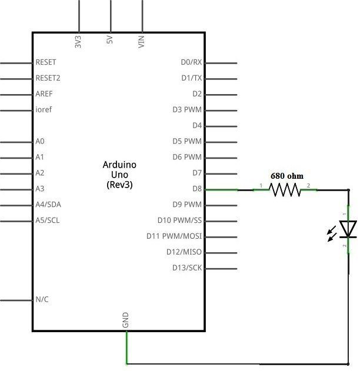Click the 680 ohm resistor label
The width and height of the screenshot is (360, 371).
286,175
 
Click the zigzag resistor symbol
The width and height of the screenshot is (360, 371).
285,189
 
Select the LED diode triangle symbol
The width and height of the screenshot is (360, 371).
349,229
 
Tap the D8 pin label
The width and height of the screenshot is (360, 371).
196,189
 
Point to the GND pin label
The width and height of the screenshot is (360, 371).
125,320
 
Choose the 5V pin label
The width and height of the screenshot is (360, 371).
110,42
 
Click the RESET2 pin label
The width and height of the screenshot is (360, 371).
48,78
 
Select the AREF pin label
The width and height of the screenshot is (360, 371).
45,93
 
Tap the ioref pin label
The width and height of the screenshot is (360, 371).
44,109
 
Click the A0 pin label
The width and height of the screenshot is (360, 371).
40,142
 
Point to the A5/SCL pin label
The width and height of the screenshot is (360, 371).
48,221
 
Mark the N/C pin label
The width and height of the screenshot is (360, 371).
42,299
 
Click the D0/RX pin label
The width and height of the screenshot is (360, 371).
191,62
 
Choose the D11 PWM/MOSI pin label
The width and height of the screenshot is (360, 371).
174,236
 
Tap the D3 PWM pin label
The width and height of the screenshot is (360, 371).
187,109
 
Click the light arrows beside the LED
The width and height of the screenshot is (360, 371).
332,232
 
